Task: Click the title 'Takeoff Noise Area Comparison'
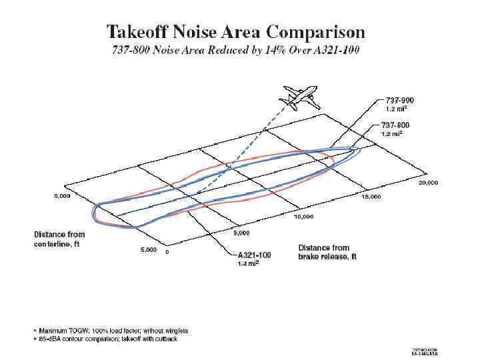[x=236, y=31]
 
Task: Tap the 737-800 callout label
[x=395, y=125]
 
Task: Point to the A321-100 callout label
[x=255, y=255]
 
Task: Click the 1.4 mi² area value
[x=249, y=264]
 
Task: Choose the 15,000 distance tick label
[x=371, y=197]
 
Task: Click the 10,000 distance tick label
[x=303, y=217]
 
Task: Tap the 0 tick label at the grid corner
[x=167, y=252]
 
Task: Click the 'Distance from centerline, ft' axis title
[x=59, y=238]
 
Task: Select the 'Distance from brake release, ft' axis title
[x=328, y=252]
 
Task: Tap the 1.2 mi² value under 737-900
[x=395, y=109]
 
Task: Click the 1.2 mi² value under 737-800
[x=391, y=133]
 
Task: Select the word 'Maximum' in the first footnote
[x=51, y=331]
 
